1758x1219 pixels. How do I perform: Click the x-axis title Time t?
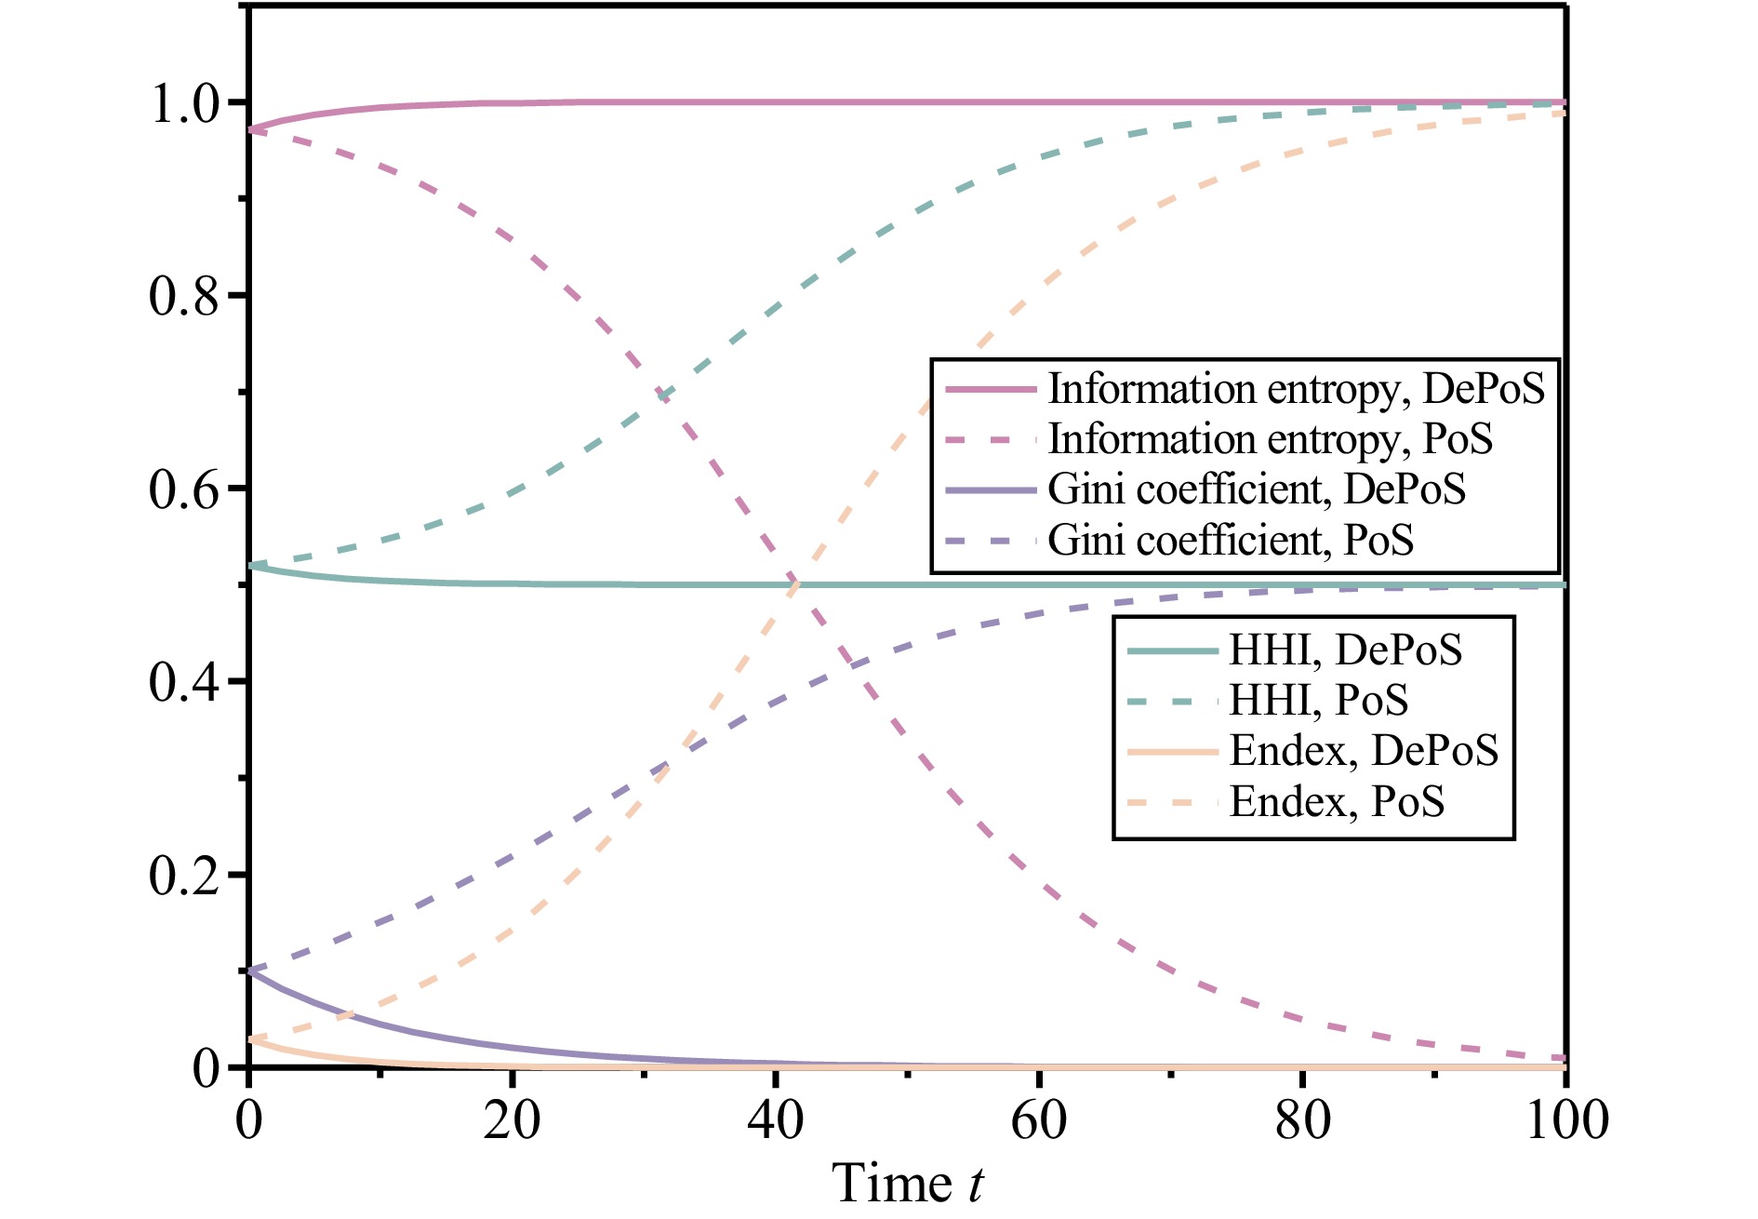tap(907, 1184)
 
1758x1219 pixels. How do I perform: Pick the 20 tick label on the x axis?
tap(512, 1119)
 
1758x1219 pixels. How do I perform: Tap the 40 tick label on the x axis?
tap(775, 1119)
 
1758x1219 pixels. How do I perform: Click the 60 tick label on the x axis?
tap(1038, 1119)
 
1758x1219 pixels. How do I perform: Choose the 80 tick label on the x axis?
tap(1302, 1119)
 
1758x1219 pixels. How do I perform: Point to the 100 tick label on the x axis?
tap(1566, 1119)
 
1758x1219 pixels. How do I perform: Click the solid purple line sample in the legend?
tap(991, 489)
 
